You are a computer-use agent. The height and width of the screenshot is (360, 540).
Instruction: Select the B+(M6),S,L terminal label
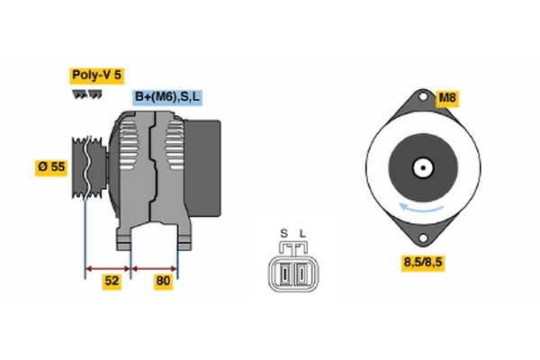pyautogui.click(x=167, y=97)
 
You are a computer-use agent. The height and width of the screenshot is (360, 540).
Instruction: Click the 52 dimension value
pyautogui.click(x=111, y=281)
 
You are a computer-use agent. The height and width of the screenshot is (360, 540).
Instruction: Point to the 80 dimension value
pyautogui.click(x=163, y=281)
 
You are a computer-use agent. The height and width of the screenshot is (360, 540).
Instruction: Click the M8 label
pyautogui.click(x=447, y=97)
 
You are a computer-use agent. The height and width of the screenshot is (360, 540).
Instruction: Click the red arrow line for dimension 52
pyautogui.click(x=109, y=267)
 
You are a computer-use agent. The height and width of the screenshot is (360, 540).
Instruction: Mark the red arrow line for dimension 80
pyautogui.click(x=155, y=267)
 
